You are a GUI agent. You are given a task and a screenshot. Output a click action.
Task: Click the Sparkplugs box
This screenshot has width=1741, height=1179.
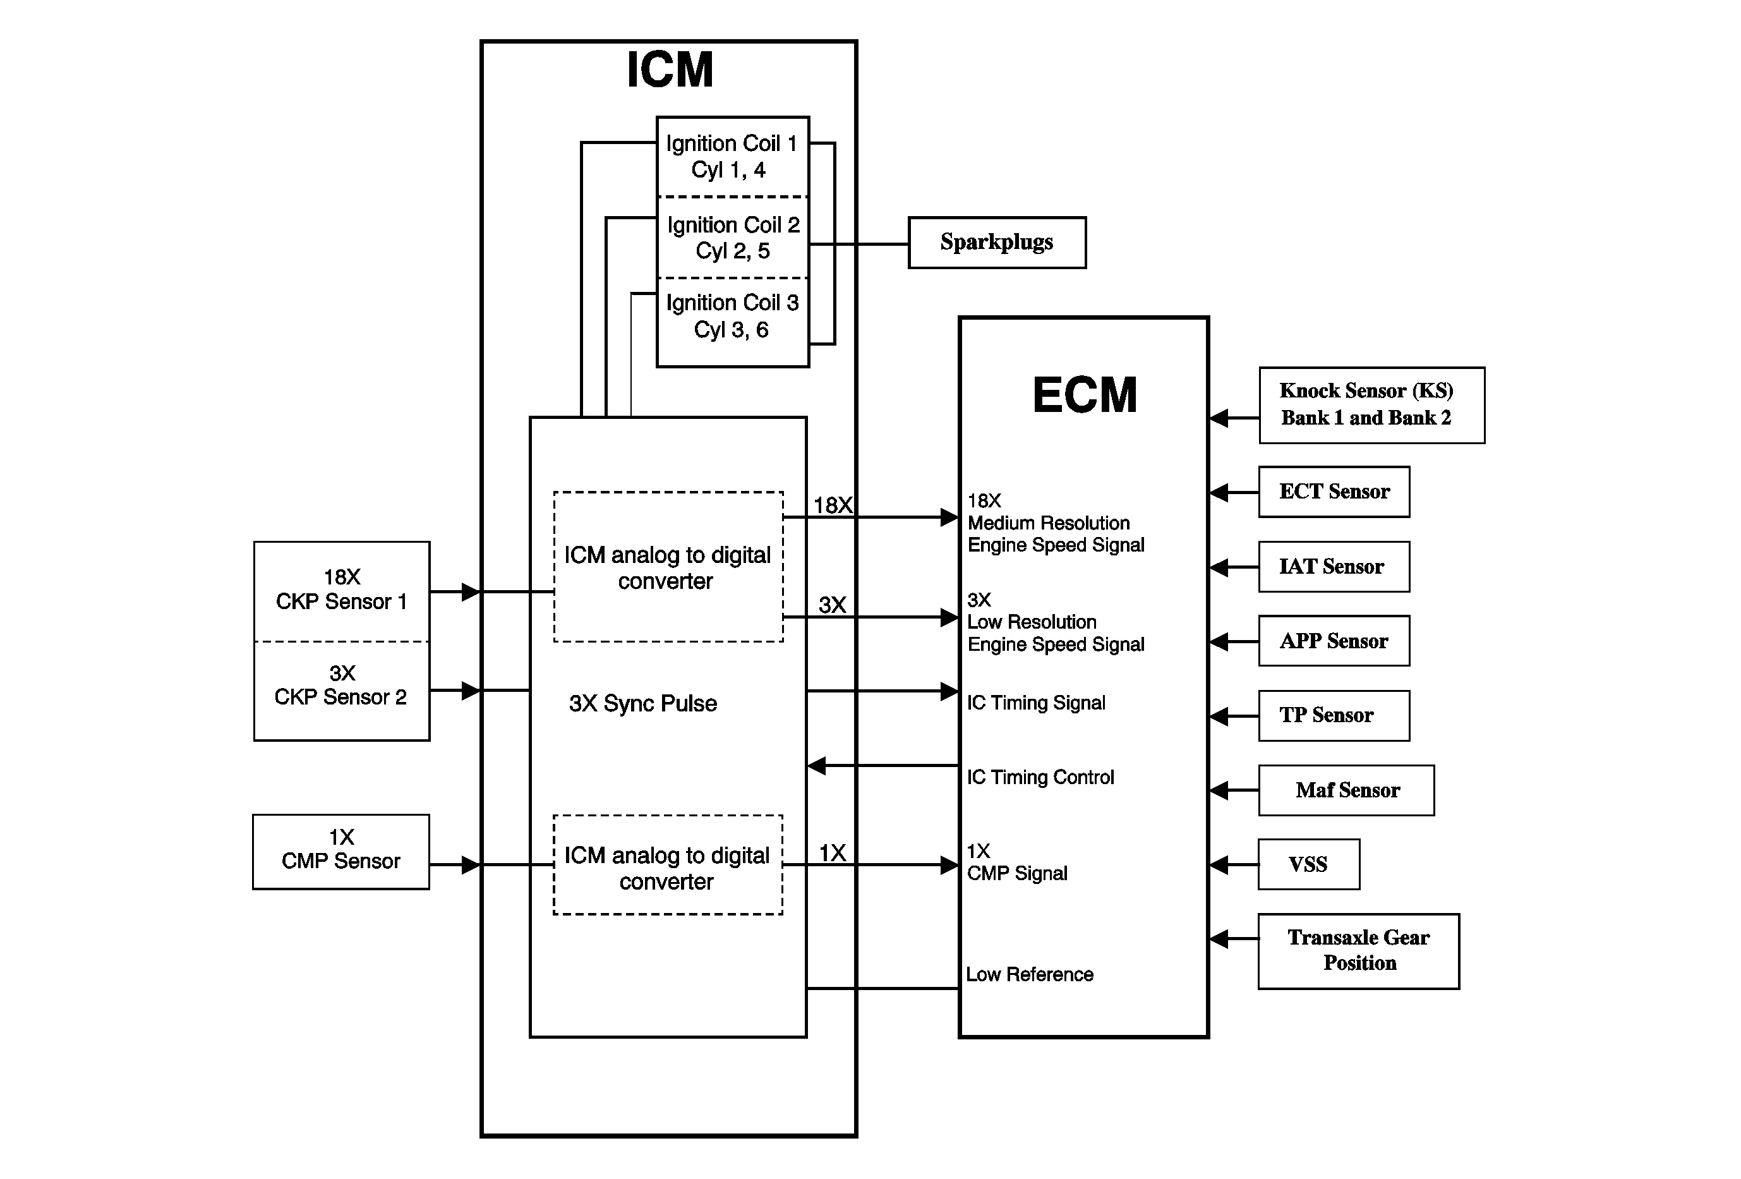pos(996,243)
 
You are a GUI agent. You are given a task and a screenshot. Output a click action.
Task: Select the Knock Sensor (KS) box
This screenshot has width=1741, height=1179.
pos(1371,405)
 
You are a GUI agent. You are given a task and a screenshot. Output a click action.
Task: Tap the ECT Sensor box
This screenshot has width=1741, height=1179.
pos(1334,492)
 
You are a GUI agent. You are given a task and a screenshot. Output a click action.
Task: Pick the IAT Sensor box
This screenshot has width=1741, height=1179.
pos(1334,567)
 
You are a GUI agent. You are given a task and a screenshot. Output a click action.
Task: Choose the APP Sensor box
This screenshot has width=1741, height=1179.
pos(1334,641)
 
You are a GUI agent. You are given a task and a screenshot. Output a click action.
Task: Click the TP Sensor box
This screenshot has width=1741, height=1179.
pos(1334,715)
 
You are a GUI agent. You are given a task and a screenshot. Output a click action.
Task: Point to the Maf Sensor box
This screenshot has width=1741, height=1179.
pos(1346,790)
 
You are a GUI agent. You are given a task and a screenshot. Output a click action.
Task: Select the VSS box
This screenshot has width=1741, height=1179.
pos(1308,864)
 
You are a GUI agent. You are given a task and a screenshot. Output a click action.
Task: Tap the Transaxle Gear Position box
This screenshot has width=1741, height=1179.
pos(1358,950)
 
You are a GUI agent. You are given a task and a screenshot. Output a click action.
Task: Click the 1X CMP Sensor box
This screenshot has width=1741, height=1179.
pos(341,852)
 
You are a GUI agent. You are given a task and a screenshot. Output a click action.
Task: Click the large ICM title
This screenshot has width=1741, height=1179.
pos(670,70)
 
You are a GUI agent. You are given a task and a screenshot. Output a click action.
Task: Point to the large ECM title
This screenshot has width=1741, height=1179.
pos(1084,395)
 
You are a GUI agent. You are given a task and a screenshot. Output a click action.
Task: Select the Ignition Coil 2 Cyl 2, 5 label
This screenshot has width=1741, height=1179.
pos(733,238)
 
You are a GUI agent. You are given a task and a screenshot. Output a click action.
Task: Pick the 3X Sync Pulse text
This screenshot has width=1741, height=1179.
pos(642,703)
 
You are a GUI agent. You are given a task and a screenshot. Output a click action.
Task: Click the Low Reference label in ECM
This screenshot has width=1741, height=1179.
pos(1029,974)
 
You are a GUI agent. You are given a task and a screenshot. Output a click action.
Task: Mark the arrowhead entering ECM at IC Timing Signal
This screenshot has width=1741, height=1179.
pos(950,691)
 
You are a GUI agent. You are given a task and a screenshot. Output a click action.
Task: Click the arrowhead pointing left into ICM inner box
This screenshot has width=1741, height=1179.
pos(817,766)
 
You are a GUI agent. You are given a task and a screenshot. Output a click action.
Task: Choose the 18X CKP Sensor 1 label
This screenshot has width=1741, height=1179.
pos(341,589)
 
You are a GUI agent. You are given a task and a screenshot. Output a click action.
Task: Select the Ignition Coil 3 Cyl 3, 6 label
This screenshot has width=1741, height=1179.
pos(732,316)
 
